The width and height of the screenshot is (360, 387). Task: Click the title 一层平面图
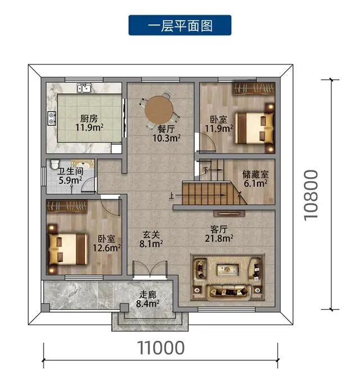click(180, 25)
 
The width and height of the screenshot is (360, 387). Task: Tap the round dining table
click(159, 110)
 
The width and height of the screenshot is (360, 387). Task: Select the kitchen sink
click(84, 88)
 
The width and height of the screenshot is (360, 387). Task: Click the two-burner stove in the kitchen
click(52, 118)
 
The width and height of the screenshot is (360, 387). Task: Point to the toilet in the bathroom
click(55, 164)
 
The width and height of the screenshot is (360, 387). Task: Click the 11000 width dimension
click(161, 348)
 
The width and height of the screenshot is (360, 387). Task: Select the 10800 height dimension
click(311, 195)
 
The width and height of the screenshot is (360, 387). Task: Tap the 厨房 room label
click(89, 119)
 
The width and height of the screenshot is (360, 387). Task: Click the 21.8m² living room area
click(219, 238)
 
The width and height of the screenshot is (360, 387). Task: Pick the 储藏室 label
click(255, 174)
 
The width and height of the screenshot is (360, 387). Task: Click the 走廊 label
click(148, 294)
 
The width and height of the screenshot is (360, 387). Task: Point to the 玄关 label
click(151, 235)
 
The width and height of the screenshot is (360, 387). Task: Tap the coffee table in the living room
click(227, 269)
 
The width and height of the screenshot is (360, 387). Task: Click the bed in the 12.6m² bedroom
click(68, 249)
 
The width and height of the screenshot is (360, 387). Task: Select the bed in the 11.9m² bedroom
click(254, 128)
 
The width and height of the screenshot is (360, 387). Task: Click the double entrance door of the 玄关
click(150, 270)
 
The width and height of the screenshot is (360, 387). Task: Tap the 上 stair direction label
click(172, 196)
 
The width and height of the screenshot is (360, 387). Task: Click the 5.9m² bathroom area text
click(70, 180)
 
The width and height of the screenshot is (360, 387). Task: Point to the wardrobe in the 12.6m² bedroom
click(67, 206)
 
